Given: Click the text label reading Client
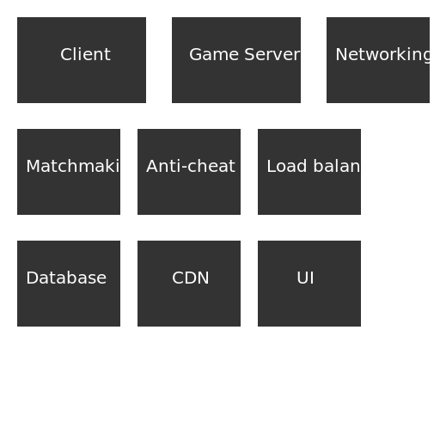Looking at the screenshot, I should tap(85, 55).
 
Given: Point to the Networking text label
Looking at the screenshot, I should tap(383, 55).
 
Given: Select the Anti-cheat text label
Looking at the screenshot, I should tap(190, 167).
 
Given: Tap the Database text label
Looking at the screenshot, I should tap(66, 278).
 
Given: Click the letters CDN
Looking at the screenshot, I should tap(190, 278).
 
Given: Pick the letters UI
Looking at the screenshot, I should tap(305, 278).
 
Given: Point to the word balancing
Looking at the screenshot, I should tap(353, 167).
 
